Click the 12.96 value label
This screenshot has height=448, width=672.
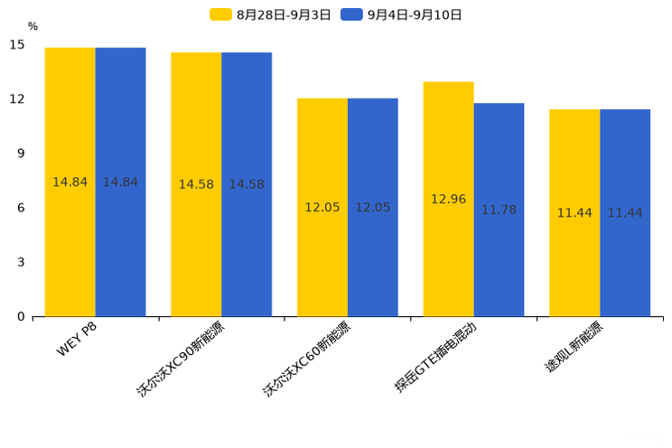pyautogui.click(x=448, y=199)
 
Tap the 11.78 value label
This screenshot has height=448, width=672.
pyautogui.click(x=499, y=210)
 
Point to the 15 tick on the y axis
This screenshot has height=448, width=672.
pyautogui.click(x=17, y=44)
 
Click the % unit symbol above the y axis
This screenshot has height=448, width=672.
pyautogui.click(x=33, y=27)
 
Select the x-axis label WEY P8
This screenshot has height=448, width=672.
pyautogui.click(x=77, y=340)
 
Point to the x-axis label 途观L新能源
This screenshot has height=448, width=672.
pyautogui.click(x=573, y=348)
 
